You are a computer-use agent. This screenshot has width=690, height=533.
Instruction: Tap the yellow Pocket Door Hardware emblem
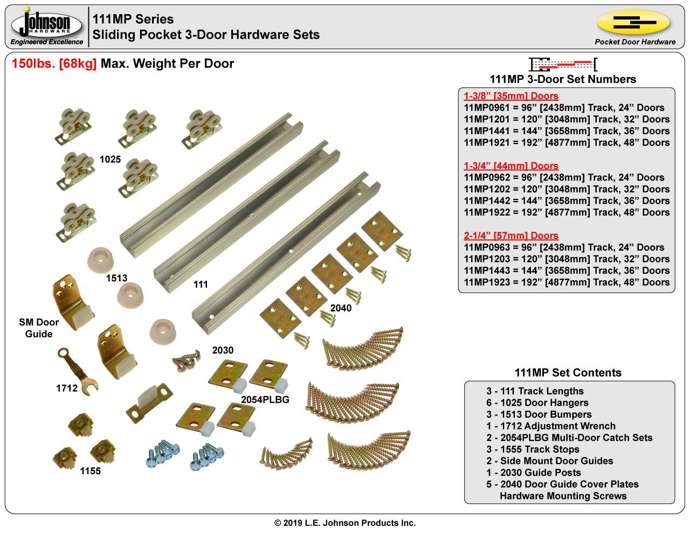point(634,22)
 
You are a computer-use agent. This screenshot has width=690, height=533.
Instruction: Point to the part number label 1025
point(110,160)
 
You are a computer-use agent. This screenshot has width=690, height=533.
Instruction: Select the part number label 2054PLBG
point(265,399)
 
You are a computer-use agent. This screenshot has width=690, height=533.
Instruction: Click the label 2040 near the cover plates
point(341,308)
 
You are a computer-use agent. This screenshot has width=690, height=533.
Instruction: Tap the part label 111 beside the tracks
point(201,284)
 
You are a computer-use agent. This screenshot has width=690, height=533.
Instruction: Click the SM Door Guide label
point(39,328)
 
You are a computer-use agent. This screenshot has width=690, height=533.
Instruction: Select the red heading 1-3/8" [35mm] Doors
point(510,96)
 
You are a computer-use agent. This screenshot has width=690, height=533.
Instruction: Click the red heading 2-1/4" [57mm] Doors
point(510,236)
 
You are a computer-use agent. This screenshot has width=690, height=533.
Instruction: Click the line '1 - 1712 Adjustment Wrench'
point(550,426)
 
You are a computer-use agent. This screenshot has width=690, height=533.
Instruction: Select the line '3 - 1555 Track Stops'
point(533,449)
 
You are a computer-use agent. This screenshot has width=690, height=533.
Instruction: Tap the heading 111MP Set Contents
point(568,372)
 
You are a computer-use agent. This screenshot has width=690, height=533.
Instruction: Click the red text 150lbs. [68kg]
point(54,64)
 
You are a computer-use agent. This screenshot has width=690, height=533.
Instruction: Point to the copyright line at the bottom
point(345,523)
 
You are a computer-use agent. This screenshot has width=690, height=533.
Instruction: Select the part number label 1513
point(116,278)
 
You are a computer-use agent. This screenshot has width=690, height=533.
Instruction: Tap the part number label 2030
point(223,350)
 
